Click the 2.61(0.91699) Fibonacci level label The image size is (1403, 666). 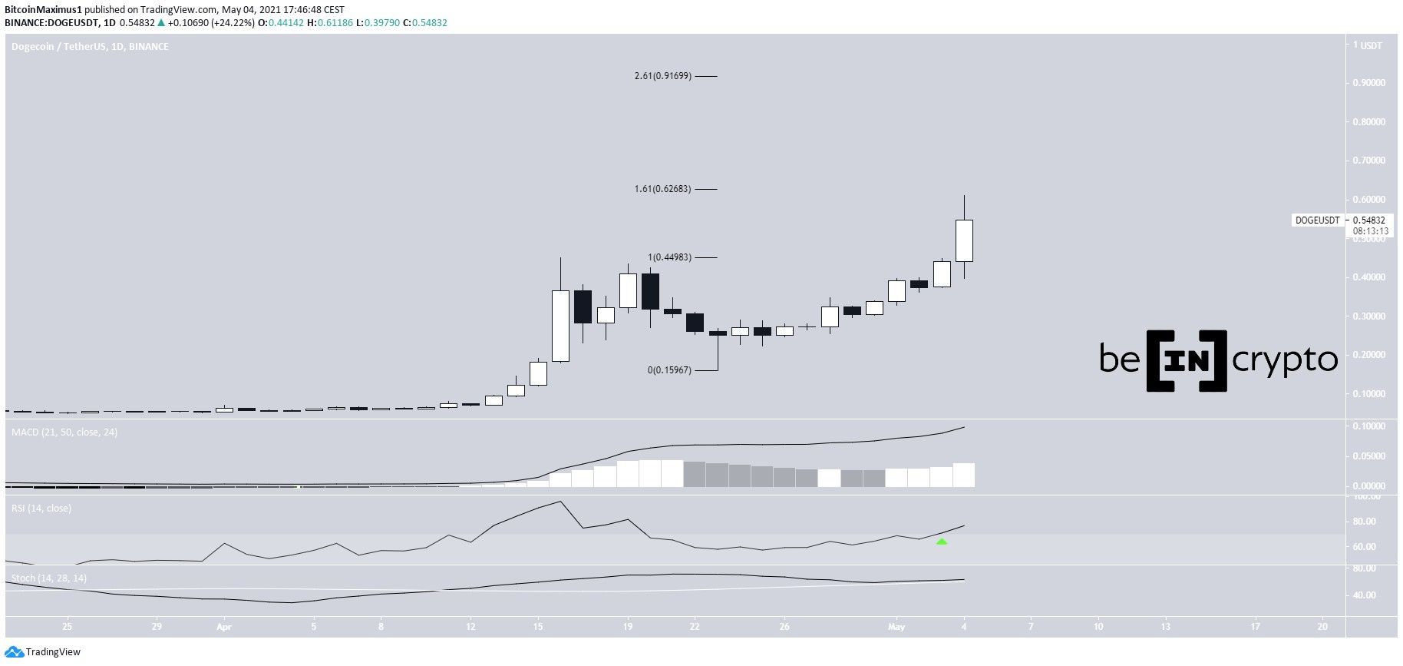click(662, 76)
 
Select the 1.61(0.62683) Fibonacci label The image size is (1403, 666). click(662, 189)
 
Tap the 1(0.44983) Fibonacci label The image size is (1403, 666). click(669, 257)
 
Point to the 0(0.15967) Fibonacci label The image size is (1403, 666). click(669, 370)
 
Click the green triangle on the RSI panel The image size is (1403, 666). click(942, 542)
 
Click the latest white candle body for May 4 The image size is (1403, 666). click(964, 240)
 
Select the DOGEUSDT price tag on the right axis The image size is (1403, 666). click(1317, 220)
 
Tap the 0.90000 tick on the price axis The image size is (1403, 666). click(1368, 83)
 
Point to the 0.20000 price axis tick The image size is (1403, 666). click(1368, 355)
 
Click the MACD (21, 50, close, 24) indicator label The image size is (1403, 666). click(64, 432)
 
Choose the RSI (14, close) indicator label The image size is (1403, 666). click(41, 508)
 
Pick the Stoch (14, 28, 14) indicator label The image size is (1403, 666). click(49, 578)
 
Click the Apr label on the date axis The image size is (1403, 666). click(224, 627)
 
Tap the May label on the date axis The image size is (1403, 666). click(896, 627)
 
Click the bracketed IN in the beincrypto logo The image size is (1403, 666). click(1186, 360)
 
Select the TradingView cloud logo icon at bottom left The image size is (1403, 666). click(15, 652)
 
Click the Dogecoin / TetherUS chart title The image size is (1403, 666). click(90, 47)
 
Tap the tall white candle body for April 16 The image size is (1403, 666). click(560, 326)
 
